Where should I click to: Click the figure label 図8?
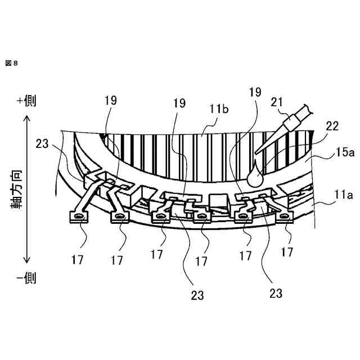[12, 64]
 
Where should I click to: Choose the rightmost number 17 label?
[287, 252]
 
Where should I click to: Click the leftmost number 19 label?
[111, 101]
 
